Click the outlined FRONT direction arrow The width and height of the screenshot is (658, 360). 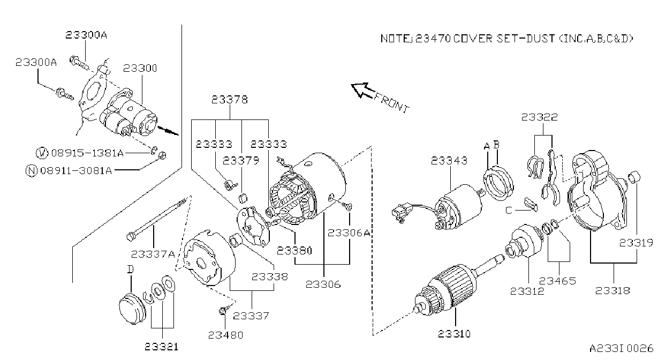[x=363, y=90]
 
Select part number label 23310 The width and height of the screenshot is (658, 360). [x=454, y=334]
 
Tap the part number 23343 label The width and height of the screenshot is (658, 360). [x=449, y=161]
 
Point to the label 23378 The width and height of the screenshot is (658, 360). [x=230, y=100]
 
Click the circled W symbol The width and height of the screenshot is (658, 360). [x=42, y=153]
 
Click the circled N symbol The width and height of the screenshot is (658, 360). [x=32, y=171]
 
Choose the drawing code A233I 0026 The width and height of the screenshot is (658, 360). [x=621, y=349]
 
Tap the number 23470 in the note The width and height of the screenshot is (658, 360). [x=433, y=39]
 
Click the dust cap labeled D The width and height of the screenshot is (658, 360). [x=132, y=307]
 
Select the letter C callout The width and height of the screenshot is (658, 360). [x=509, y=211]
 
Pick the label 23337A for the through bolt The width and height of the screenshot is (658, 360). [x=153, y=254]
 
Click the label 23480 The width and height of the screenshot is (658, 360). [x=225, y=335]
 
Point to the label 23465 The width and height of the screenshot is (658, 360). [x=557, y=281]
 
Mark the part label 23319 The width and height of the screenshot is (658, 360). [x=636, y=243]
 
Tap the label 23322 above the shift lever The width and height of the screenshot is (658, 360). [x=539, y=117]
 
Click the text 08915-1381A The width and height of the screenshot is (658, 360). [x=88, y=153]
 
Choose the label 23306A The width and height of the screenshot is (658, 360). [x=349, y=232]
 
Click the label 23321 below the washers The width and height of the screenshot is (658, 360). [x=161, y=347]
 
